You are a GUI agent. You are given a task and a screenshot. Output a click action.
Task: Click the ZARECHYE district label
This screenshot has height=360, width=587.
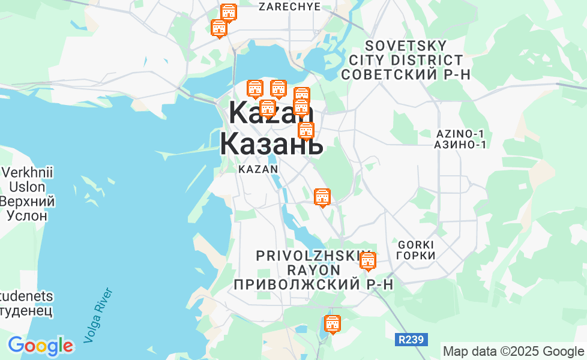289,7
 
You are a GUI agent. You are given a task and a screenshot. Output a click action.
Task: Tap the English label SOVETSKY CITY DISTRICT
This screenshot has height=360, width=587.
406,53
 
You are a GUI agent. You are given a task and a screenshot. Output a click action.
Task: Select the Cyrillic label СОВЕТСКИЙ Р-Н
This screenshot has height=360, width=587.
406,74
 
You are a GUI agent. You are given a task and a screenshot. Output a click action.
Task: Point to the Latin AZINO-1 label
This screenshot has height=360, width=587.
460,133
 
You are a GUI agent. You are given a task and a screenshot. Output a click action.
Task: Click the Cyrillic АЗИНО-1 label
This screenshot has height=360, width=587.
460,145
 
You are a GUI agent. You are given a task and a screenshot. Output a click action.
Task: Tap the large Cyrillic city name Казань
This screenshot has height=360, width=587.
271,144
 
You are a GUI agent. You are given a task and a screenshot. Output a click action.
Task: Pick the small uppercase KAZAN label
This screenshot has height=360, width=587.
258,169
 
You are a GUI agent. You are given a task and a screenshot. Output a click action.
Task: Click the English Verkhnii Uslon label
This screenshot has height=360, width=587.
27,179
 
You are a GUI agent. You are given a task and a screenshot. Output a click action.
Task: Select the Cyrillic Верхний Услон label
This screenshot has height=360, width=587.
28,208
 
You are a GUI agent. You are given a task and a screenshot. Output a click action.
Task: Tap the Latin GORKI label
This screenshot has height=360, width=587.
416,244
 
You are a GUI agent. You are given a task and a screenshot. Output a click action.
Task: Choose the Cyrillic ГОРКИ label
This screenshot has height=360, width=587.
416,256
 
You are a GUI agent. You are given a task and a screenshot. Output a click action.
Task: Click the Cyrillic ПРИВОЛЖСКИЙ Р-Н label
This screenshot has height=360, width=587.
313,284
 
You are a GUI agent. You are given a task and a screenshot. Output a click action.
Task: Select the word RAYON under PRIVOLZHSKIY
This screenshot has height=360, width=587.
313,269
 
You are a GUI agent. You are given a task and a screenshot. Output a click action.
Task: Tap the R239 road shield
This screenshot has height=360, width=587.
411,340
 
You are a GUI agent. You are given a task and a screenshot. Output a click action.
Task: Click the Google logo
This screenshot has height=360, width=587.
40,346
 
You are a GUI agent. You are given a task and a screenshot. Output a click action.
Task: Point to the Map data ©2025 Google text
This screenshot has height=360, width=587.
513,352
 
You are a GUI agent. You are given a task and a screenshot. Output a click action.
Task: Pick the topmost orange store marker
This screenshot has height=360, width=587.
229,13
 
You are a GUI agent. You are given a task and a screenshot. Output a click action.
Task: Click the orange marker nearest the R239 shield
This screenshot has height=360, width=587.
332,324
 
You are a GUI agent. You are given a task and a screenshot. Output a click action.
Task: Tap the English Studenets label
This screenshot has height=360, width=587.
26,296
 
